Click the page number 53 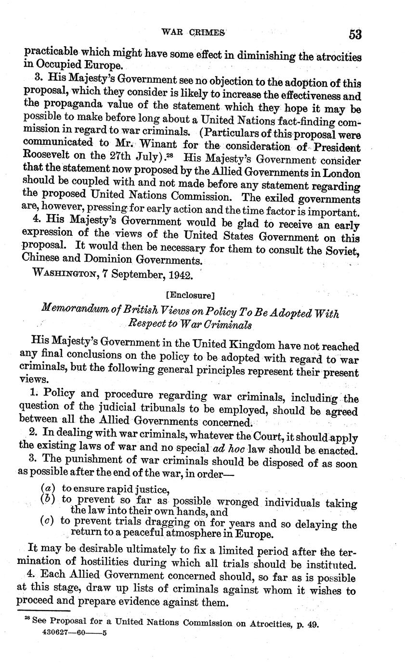pyautogui.click(x=355, y=34)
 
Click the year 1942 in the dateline pyautogui.click(x=178, y=276)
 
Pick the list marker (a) pyautogui.click(x=47, y=489)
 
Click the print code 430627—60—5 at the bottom pyautogui.click(x=75, y=633)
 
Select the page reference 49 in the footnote pyautogui.click(x=313, y=624)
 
